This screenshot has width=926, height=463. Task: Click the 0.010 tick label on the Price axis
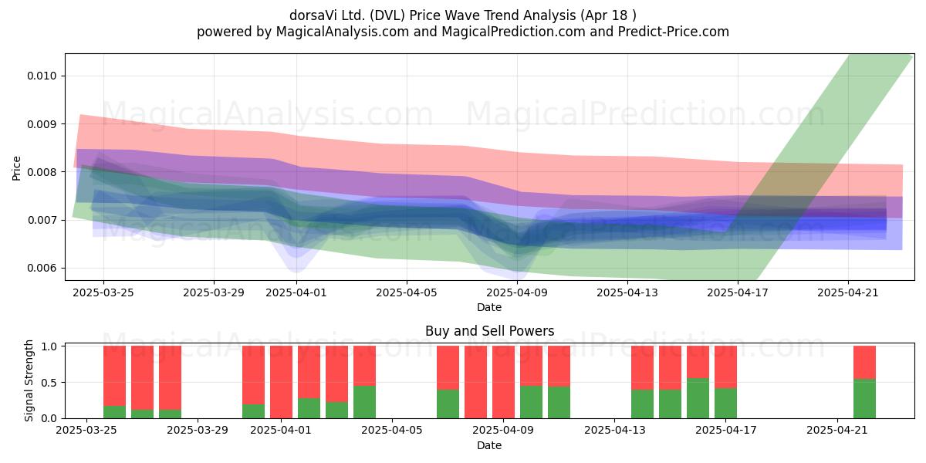(x=42, y=76)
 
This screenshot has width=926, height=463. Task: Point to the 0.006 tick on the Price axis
(x=42, y=269)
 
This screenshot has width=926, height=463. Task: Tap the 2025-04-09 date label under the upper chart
(x=517, y=292)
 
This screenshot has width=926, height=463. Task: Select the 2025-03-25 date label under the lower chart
(x=86, y=430)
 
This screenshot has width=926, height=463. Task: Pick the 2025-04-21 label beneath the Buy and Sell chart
(x=837, y=430)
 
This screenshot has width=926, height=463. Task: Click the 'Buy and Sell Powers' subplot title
(x=489, y=331)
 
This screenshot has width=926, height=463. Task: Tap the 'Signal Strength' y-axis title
(x=29, y=380)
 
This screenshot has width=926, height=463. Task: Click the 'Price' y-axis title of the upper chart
(x=16, y=168)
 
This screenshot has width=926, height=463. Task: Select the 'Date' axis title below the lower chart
(x=489, y=446)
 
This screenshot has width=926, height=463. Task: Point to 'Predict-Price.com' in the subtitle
(x=674, y=32)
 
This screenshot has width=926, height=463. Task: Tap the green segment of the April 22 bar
(x=864, y=399)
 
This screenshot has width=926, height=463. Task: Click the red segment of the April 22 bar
(x=864, y=363)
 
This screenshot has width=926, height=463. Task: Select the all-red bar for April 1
(x=281, y=382)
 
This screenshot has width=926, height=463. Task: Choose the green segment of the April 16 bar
(x=698, y=398)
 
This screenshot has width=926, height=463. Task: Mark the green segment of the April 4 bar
(x=364, y=402)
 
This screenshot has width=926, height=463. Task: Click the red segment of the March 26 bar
(x=114, y=377)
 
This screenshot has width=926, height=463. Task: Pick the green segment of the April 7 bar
(x=448, y=404)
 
